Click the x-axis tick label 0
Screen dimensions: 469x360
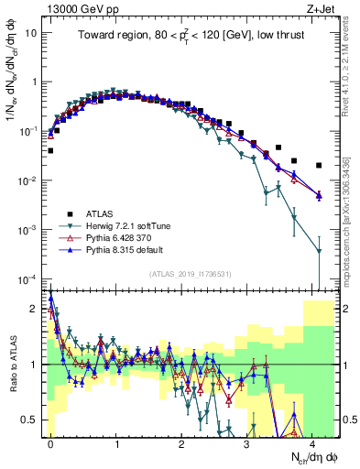[x=50, y=442]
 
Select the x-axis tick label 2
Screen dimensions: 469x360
[x=181, y=442]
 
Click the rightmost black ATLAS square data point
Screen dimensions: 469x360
[x=319, y=166]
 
